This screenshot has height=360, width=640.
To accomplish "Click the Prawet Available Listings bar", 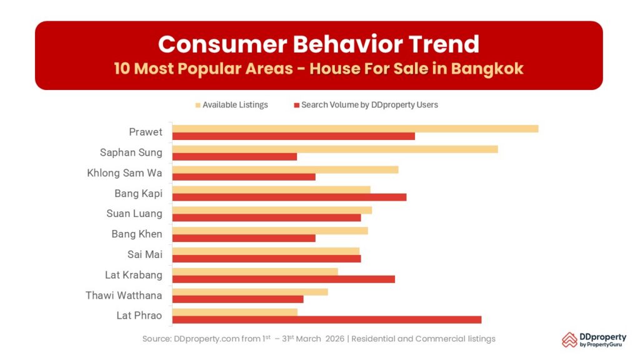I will [355, 129].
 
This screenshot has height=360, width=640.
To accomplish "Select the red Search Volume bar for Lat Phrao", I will [326, 319].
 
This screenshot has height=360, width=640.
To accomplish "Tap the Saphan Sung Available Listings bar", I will [335, 149].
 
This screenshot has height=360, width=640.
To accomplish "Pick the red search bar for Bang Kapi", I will [289, 197].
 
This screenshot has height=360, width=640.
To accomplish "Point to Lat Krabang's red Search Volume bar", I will [283, 279].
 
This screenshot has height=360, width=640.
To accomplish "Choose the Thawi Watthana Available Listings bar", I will [250, 292].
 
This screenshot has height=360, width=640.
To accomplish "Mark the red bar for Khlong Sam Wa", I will [244, 177].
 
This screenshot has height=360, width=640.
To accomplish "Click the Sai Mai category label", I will [144, 254].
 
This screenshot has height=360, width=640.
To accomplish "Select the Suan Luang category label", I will [134, 214].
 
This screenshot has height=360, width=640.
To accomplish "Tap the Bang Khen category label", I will [136, 234].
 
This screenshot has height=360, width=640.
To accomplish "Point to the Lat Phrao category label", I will [139, 316].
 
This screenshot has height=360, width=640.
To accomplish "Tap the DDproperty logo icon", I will [569, 339].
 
